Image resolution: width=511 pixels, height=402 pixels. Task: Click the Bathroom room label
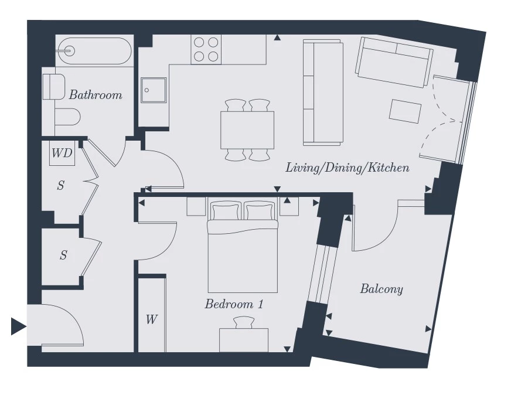pyautogui.click(x=96, y=95)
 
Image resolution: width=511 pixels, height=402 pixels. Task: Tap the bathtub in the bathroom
pyautogui.click(x=94, y=51)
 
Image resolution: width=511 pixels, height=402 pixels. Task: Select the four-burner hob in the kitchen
pyautogui.click(x=206, y=49)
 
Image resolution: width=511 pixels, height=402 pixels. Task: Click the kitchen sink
pyautogui.click(x=154, y=90)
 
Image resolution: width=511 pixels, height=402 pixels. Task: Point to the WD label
pyautogui.click(x=62, y=153)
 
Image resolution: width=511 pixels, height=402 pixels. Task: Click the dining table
pyautogui.click(x=247, y=130)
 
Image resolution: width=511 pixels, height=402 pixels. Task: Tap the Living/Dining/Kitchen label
pyautogui.click(x=348, y=168)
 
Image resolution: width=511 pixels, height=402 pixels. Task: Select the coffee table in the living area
pyautogui.click(x=405, y=111)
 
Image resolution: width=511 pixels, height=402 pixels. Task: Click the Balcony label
pyautogui.click(x=381, y=289)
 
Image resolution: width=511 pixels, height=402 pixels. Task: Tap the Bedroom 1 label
pyautogui.click(x=234, y=304)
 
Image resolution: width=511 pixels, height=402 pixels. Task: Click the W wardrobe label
pyautogui.click(x=152, y=319)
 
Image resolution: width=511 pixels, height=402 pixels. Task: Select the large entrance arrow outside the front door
pyautogui.click(x=19, y=326)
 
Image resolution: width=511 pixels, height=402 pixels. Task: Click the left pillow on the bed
pyautogui.click(x=226, y=210)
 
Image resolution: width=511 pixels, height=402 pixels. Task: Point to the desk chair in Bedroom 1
pyautogui.click(x=244, y=322)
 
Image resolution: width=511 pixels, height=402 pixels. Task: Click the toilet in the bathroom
pyautogui.click(x=67, y=117)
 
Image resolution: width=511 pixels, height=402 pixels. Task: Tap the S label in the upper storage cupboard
pyautogui.click(x=60, y=185)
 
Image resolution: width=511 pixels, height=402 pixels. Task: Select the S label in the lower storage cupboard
pyautogui.click(x=63, y=255)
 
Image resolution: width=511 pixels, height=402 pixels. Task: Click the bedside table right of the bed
pyautogui.click(x=289, y=206)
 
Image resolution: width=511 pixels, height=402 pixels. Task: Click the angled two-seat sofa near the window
pyautogui.click(x=394, y=62)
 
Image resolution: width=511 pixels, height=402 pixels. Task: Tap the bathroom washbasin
pyautogui.click(x=54, y=87)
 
